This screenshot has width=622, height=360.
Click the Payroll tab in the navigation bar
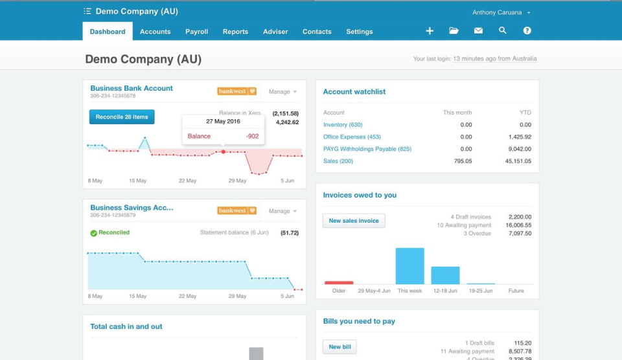coord(196,32)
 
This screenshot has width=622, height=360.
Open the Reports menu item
coord(235,32)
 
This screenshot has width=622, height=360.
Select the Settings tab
coord(359,32)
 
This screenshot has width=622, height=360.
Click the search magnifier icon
coord(502,31)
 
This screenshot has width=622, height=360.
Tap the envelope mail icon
coord(478,31)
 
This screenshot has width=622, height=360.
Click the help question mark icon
coord(527,31)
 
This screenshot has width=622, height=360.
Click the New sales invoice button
coord(354,221)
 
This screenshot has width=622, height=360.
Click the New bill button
coord(340,347)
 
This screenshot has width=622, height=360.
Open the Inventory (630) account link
coord(343,125)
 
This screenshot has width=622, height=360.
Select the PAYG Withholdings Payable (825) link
coord(367,149)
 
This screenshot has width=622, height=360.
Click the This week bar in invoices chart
coord(409,266)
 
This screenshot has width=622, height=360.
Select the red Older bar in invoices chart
coord(339,283)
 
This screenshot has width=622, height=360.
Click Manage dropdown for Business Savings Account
coord(282,211)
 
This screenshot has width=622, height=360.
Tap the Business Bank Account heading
coord(132,89)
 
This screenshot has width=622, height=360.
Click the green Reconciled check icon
coord(93,233)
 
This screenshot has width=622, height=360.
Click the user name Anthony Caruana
coord(498,12)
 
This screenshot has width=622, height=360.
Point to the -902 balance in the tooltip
coord(252,137)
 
